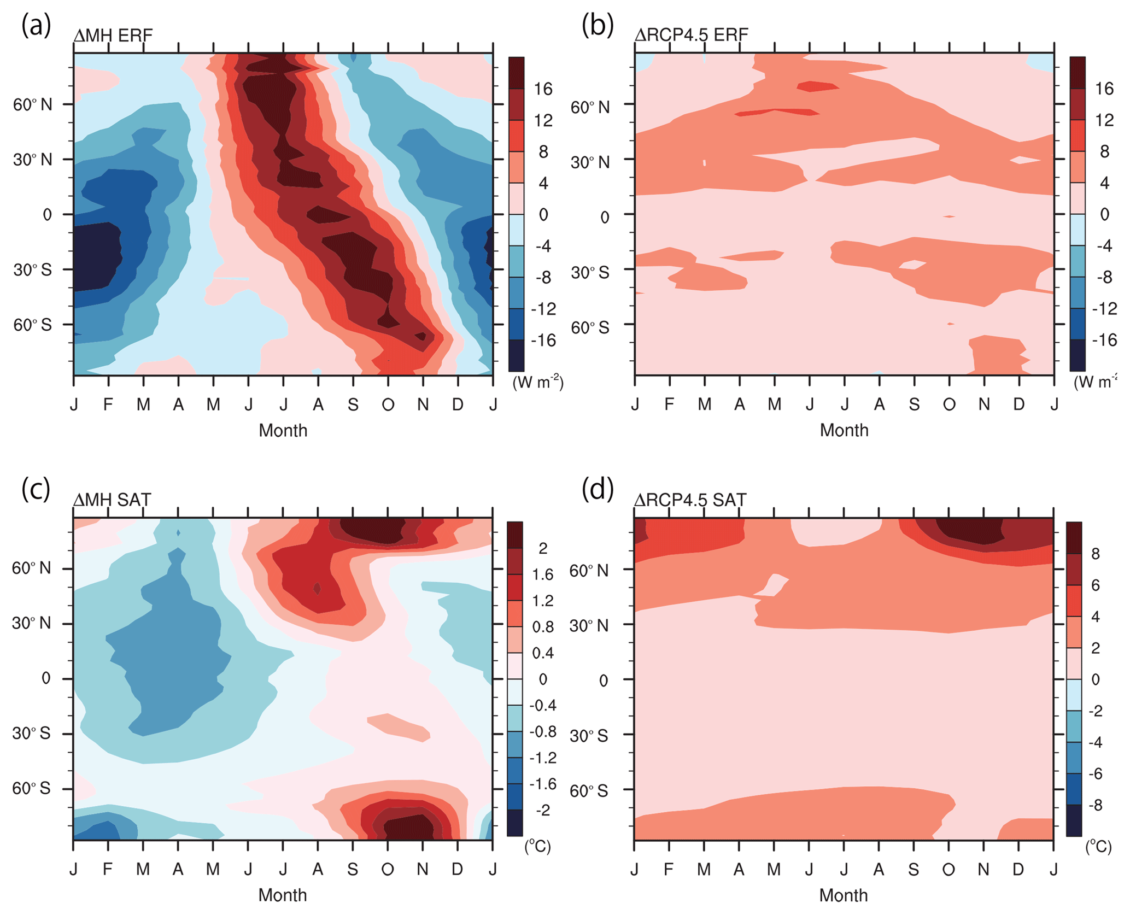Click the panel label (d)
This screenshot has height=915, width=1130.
598,489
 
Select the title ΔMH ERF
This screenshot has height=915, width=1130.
113,36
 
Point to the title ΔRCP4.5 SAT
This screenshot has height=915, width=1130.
690,500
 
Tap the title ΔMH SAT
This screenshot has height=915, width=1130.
112,500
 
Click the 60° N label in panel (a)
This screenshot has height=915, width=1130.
33,104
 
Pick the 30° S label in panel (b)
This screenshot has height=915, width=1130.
590,272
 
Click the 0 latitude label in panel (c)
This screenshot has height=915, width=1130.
46,678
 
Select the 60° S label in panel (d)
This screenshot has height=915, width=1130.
589,791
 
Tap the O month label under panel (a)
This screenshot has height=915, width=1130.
388,405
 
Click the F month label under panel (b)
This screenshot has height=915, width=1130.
669,404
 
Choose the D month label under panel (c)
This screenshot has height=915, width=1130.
458,869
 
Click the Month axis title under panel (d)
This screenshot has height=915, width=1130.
844,895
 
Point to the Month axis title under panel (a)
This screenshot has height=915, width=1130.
283,431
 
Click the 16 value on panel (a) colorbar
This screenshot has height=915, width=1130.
543,89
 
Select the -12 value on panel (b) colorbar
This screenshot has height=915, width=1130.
1104,309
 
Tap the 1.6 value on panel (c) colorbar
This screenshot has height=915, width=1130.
542,574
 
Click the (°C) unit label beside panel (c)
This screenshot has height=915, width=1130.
537,847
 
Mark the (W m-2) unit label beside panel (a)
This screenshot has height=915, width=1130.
538,382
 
